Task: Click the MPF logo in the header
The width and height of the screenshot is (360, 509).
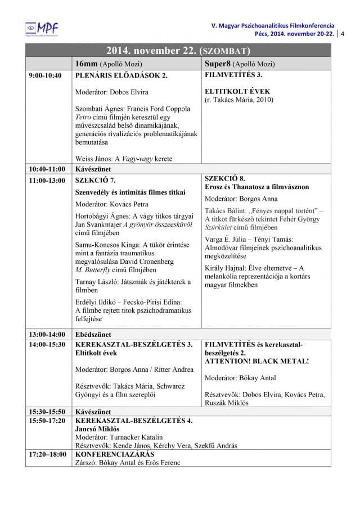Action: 42,28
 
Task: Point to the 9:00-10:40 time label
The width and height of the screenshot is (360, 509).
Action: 45,75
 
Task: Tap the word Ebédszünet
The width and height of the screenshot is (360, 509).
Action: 93,335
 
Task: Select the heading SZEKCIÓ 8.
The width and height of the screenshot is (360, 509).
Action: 224,178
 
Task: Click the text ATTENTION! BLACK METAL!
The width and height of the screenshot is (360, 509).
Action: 257,361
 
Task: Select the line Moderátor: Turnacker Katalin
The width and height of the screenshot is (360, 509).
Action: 119,437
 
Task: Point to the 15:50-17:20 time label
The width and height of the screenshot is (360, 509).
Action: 47,420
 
